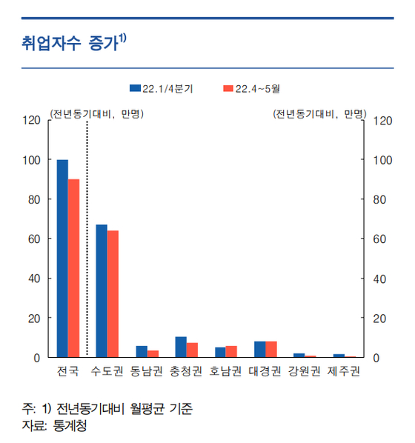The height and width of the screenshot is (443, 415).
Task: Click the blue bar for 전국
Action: point(62,259)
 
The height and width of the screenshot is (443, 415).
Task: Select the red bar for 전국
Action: point(74,268)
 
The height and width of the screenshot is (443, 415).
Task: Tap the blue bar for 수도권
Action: point(102,291)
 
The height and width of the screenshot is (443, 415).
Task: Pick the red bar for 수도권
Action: point(113,294)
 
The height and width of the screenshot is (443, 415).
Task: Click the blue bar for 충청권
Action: point(181,347)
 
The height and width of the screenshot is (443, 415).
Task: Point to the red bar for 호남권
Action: point(231,352)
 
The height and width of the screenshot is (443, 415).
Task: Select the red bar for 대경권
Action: point(271,350)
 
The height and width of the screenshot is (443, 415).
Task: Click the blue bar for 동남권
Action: point(142,352)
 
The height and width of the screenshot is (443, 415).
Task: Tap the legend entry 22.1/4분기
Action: point(162,89)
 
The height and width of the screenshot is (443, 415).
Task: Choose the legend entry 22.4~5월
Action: point(252,89)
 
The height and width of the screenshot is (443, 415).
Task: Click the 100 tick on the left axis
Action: point(32,160)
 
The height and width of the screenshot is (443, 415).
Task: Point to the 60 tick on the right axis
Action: point(379,239)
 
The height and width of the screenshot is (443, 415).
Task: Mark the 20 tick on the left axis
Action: point(34,319)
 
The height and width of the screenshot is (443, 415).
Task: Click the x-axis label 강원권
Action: point(304,371)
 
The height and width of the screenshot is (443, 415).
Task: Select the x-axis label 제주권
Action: point(344,371)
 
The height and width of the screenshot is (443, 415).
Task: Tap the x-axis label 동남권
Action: point(147,371)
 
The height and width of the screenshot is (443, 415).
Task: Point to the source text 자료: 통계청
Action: point(54,426)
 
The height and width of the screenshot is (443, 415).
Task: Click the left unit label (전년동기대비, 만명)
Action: point(97,114)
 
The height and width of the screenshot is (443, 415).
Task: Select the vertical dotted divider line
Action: point(87,239)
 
